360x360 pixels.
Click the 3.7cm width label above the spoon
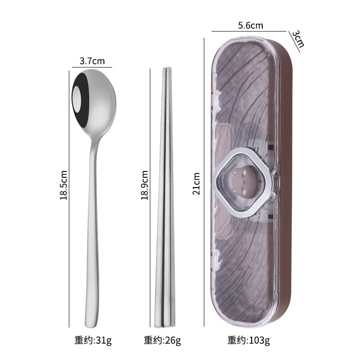(x=92, y=61)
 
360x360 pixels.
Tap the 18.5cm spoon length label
(x=63, y=185)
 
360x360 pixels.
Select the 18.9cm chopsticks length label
(x=144, y=185)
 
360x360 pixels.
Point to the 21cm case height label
(x=196, y=184)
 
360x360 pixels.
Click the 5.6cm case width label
(x=251, y=25)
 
